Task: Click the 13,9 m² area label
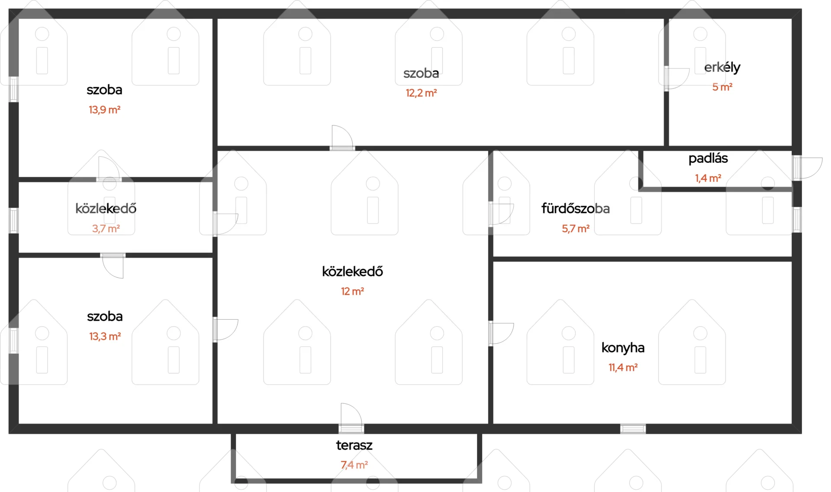(x=105, y=110)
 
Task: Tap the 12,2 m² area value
(x=421, y=93)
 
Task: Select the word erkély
(x=722, y=68)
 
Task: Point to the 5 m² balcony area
(x=722, y=87)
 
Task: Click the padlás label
(x=708, y=159)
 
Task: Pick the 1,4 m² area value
(x=708, y=178)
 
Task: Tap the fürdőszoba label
(x=576, y=209)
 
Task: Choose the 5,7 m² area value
(x=576, y=229)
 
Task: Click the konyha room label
(x=623, y=348)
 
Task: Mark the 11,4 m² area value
(x=623, y=368)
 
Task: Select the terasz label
(x=354, y=445)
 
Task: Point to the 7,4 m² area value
(x=354, y=465)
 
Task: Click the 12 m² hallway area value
(x=352, y=291)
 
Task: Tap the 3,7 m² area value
(x=106, y=229)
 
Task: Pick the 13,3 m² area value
(x=105, y=337)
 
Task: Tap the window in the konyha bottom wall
(x=633, y=429)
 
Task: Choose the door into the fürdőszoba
(x=501, y=214)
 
